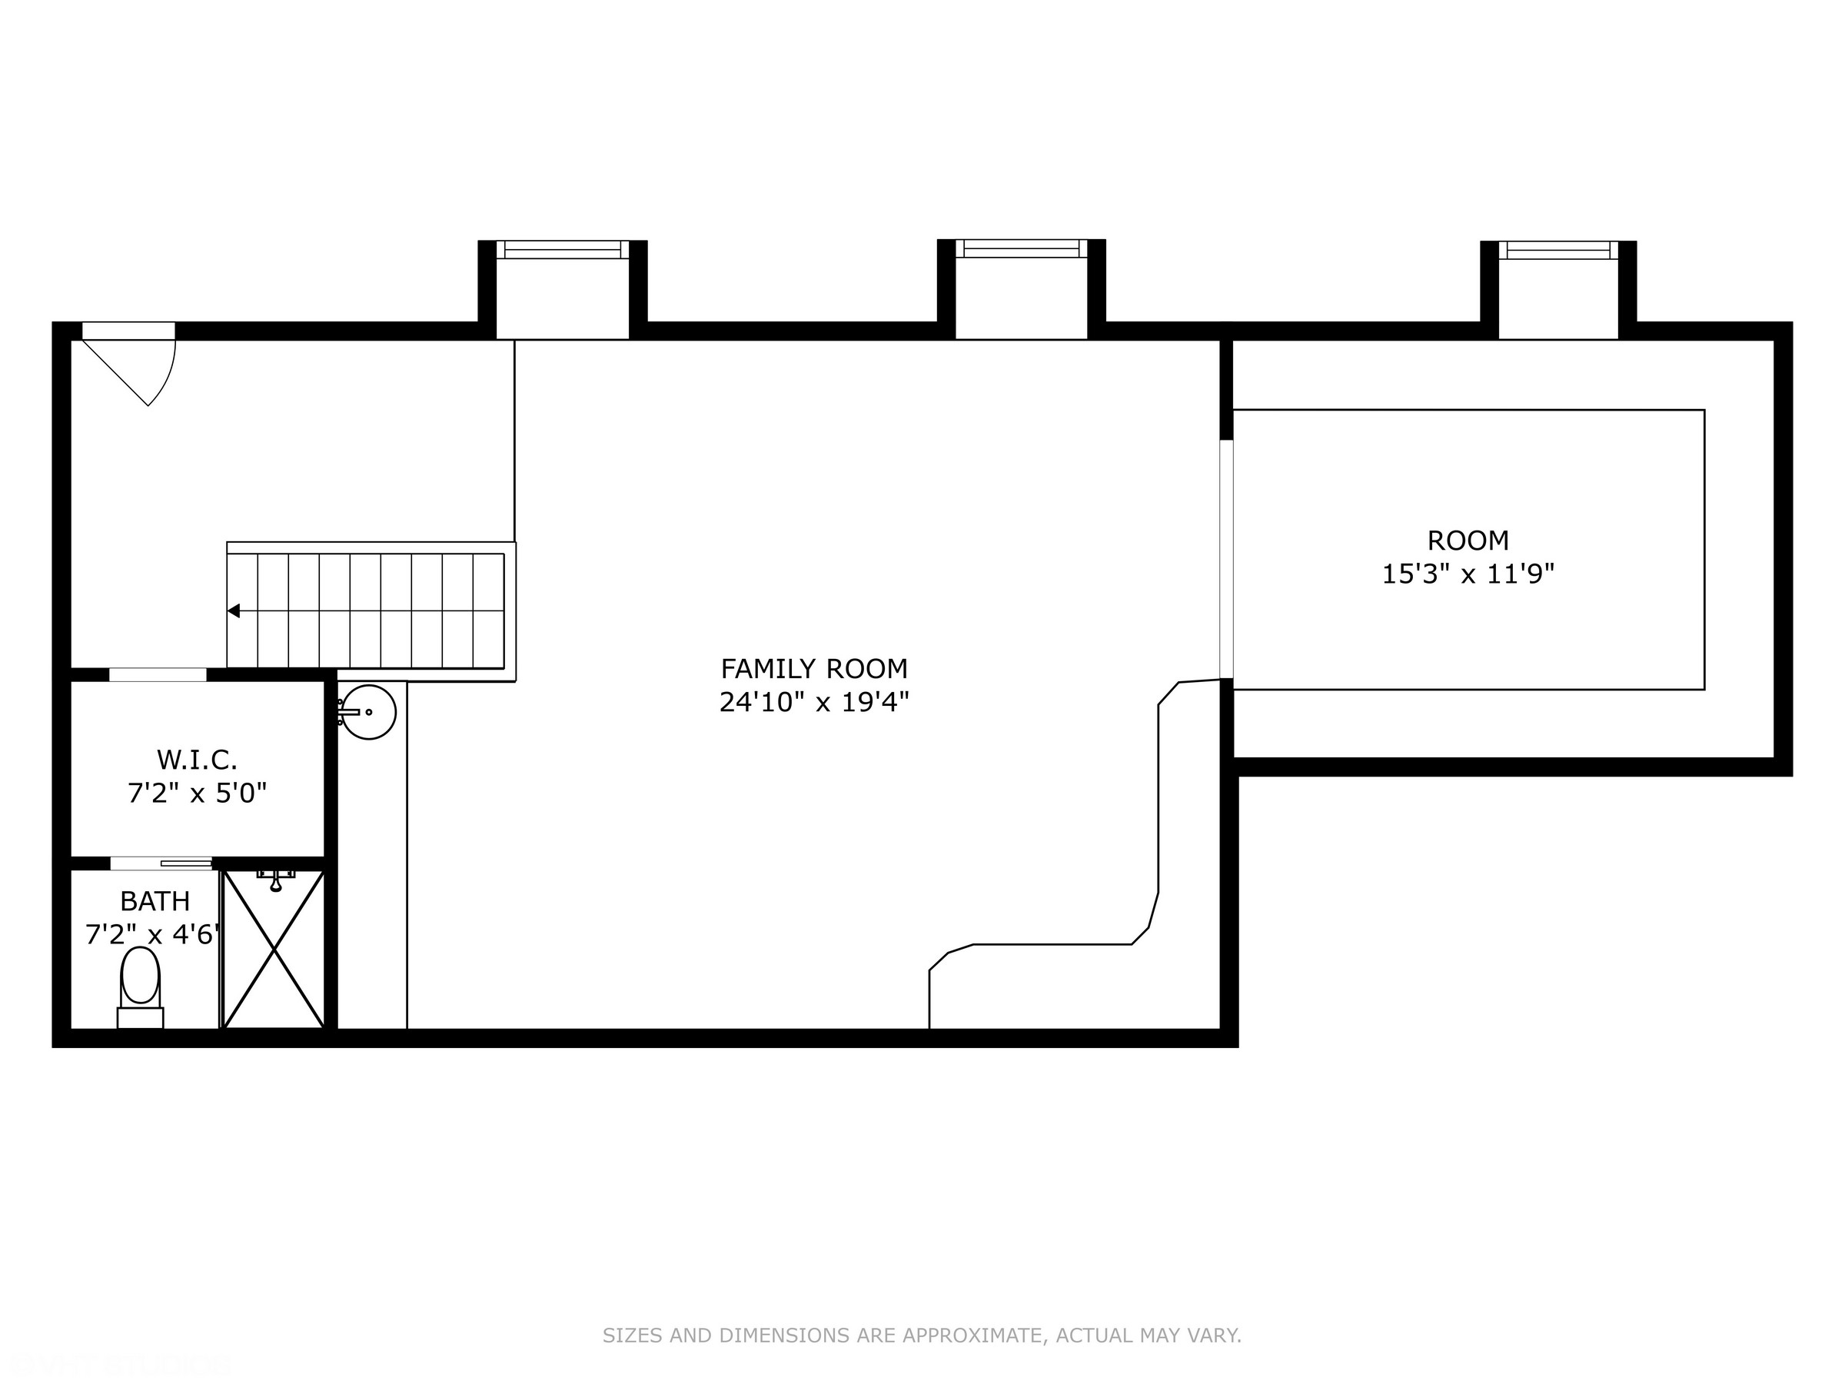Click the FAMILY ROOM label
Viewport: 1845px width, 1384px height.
813,669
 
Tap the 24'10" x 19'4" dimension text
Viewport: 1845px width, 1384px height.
813,703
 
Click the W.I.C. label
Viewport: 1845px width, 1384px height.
197,759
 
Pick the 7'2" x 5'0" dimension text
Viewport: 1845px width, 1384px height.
197,793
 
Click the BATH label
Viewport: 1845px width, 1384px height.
155,901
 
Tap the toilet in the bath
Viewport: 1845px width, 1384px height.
140,984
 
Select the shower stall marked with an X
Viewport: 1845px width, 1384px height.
274,951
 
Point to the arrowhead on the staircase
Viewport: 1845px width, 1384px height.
234,610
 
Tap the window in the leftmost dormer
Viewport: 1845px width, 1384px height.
563,248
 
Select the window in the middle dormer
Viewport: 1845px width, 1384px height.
1021,248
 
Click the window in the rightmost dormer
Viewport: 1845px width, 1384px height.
1558,249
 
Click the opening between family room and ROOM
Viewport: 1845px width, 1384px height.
1226,559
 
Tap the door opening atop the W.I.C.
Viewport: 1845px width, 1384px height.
158,675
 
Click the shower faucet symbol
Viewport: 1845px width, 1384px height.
275,878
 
